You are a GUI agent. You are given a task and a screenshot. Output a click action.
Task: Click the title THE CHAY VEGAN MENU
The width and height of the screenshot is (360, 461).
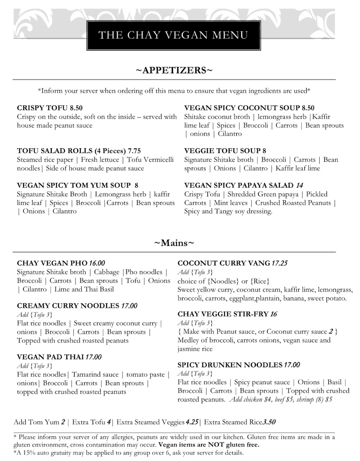coord(173,35)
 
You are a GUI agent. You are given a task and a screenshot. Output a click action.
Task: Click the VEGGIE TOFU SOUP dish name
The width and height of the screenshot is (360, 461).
coord(223,151)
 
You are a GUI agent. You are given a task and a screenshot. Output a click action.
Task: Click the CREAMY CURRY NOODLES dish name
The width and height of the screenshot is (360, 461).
coord(68,306)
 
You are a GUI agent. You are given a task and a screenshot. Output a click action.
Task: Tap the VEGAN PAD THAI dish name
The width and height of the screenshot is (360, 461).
coord(50,357)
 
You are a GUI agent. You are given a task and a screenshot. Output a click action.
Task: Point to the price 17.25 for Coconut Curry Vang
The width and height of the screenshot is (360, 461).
coord(279,264)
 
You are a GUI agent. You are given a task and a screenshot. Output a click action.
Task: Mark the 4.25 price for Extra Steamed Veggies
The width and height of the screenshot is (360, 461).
coord(192,422)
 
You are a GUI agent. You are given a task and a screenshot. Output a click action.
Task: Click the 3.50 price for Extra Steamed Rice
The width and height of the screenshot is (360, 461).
coord(269,422)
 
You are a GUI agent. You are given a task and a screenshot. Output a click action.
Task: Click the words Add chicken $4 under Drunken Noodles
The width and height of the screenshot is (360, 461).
coord(251,400)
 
